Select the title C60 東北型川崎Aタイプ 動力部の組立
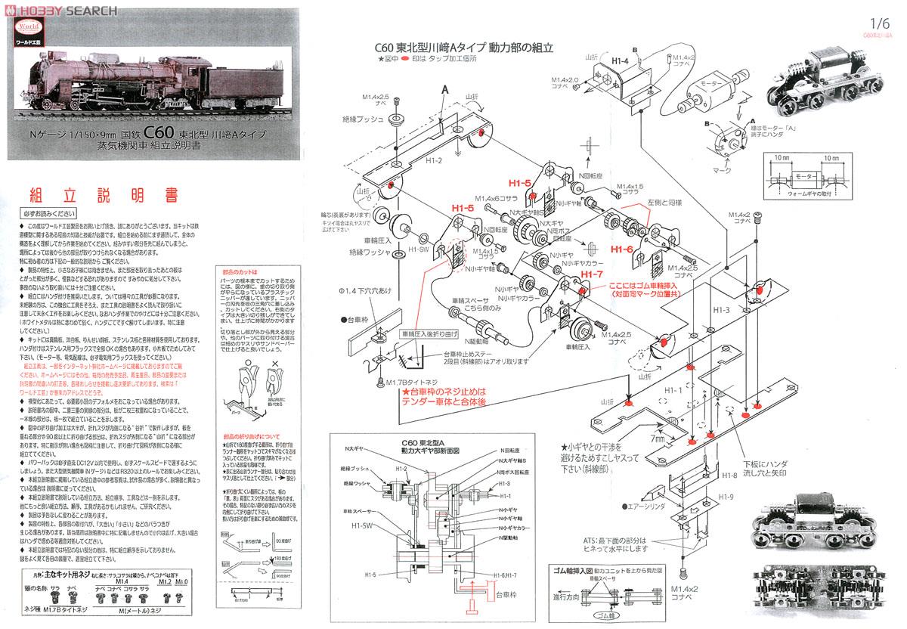tap(464, 47)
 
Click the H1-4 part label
tap(620, 60)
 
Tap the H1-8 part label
tap(728, 475)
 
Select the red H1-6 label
tap(621, 249)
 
